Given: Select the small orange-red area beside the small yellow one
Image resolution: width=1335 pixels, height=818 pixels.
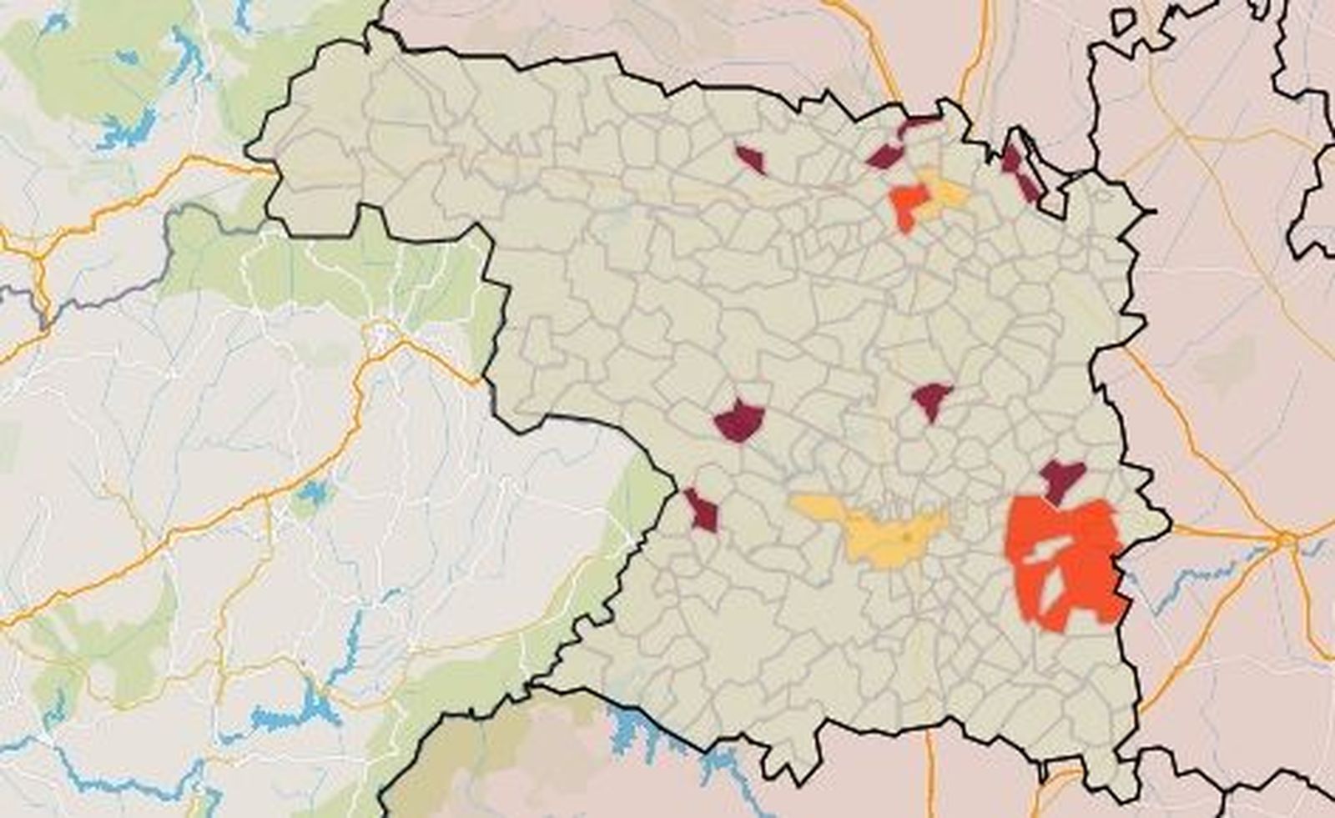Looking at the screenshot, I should click(x=908, y=203).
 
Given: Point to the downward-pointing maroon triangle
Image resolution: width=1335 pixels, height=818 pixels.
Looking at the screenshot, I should click(x=931, y=399).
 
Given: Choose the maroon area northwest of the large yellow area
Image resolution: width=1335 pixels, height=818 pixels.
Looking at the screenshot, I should click(x=740, y=419).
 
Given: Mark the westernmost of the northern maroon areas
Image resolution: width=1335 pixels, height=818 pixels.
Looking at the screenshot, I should click(x=750, y=158).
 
